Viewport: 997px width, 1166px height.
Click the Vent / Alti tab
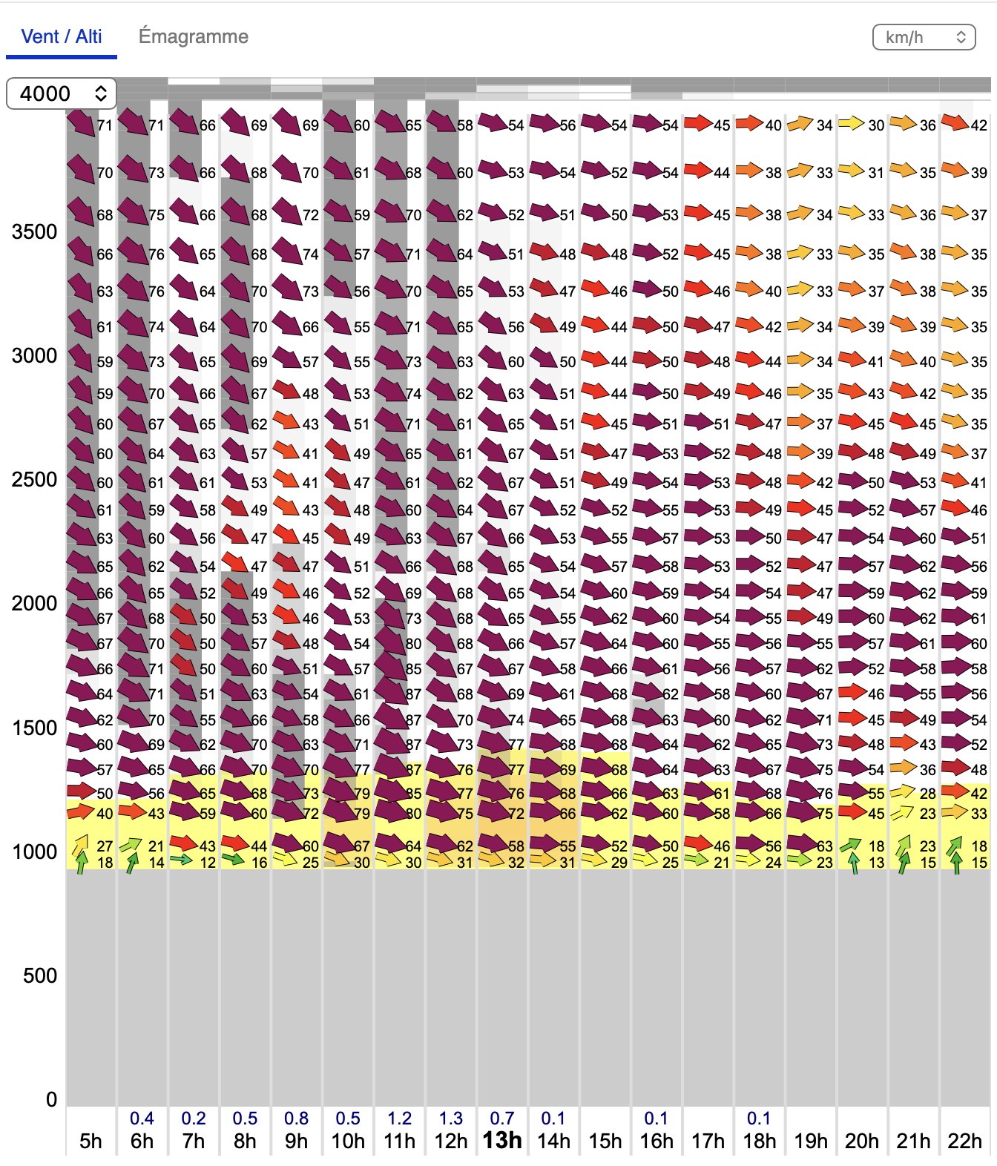62,36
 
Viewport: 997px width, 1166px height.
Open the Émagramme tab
193,36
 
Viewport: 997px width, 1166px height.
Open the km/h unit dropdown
924,37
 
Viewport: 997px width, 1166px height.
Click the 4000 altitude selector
62,93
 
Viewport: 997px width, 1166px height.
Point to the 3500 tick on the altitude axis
34,231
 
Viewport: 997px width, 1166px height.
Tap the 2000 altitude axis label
34,603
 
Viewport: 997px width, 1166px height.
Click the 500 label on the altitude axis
39,975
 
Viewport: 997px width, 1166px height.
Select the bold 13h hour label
502,1140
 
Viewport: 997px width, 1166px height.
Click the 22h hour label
964,1141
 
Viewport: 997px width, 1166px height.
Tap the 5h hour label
91,1141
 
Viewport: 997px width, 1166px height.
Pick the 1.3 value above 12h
450,1118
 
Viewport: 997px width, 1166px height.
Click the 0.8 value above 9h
296,1118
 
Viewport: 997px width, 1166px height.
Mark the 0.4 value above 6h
142,1118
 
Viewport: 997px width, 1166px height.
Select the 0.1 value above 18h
759,1118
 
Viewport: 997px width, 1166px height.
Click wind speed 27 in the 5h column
105,846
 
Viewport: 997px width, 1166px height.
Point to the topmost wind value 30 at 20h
876,125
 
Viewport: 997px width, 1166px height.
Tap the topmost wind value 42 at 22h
979,125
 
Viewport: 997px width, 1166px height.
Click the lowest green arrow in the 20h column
854,863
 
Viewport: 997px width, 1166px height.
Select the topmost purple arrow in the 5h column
81,122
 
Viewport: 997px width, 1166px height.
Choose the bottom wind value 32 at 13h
516,863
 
